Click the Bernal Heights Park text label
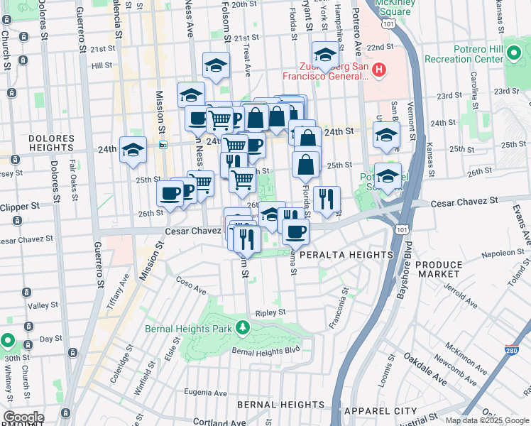188,329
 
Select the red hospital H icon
379,69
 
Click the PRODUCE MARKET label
439,269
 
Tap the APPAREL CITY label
380,411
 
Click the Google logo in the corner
23,417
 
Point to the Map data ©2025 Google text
487,420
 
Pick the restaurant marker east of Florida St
327,199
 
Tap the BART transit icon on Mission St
163,145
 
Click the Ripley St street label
270,312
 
